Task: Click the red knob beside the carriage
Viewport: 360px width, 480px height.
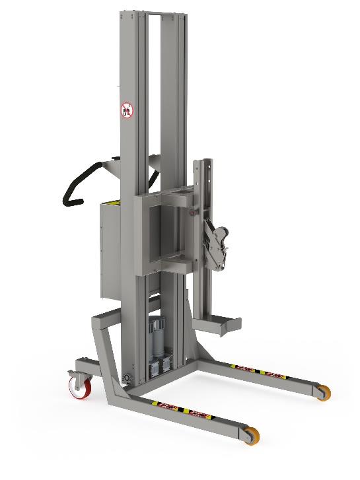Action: pos(193,213)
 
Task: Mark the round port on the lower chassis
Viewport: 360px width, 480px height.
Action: pos(127,377)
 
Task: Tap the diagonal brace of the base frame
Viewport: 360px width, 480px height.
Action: pos(104,357)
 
